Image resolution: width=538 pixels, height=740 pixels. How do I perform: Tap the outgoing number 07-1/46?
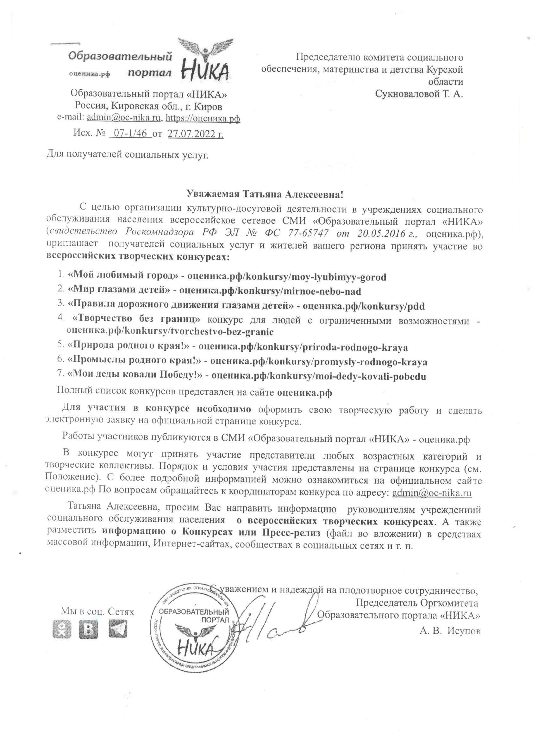click(130, 134)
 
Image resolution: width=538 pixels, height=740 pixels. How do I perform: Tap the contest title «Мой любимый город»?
click(123, 277)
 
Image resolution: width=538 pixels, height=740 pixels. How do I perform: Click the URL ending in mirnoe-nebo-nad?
click(270, 291)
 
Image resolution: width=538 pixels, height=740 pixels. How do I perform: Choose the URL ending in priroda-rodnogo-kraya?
click(303, 347)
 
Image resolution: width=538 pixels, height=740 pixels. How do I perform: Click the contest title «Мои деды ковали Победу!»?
click(135, 376)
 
